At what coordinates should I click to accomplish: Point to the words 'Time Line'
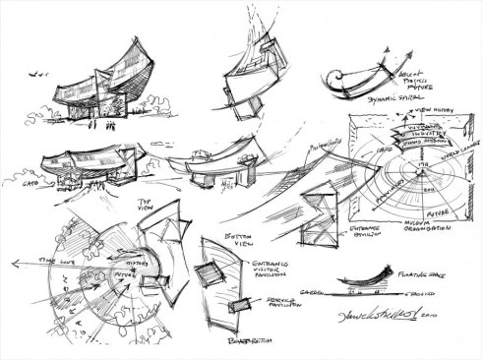45,258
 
